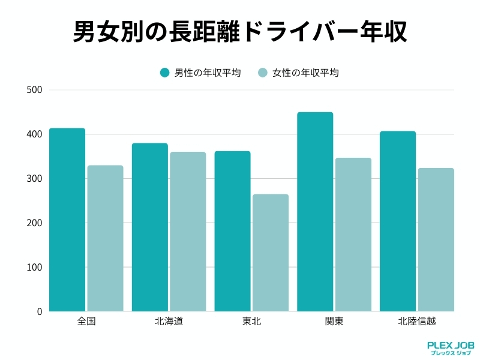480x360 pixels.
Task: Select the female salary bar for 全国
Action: point(105,238)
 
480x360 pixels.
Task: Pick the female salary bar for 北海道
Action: point(188,232)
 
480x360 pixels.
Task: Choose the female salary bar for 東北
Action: point(270,253)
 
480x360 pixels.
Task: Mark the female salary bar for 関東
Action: point(353,235)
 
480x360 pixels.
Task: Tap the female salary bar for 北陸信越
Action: point(436,239)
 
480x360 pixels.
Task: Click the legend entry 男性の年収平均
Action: point(200,73)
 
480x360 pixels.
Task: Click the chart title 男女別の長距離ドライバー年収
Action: point(240,31)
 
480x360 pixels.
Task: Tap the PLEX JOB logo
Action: point(450,349)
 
